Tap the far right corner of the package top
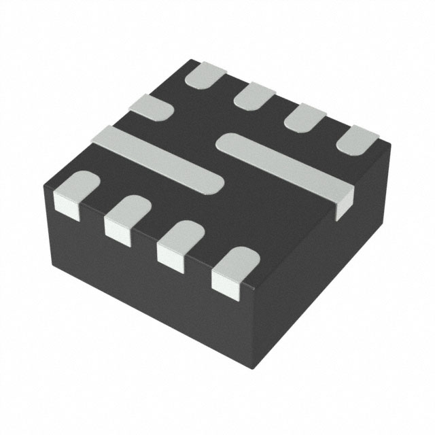click(391, 145)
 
